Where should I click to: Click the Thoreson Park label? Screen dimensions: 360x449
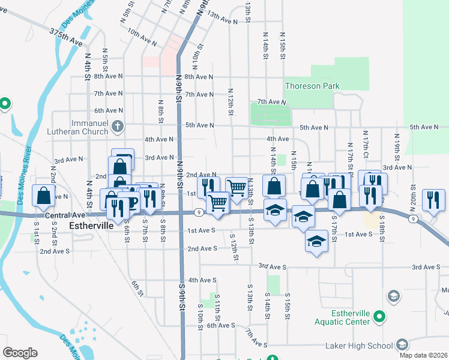coord(312,86)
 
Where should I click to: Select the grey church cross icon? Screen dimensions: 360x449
coord(118,127)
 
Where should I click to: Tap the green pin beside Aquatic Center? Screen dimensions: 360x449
coord(379,316)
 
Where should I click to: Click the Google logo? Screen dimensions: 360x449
coord(20,353)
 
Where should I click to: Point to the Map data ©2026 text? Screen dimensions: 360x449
coord(424,355)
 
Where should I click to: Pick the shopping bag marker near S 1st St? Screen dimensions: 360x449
coord(44,195)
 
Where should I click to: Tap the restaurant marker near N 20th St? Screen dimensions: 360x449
coord(433,200)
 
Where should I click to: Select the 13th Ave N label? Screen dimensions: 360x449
coord(223,20)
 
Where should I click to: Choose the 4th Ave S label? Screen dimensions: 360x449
coord(202,280)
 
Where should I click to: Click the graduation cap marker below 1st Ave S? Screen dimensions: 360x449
coord(316,242)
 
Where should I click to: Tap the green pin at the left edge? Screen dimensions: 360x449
coord(4,104)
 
